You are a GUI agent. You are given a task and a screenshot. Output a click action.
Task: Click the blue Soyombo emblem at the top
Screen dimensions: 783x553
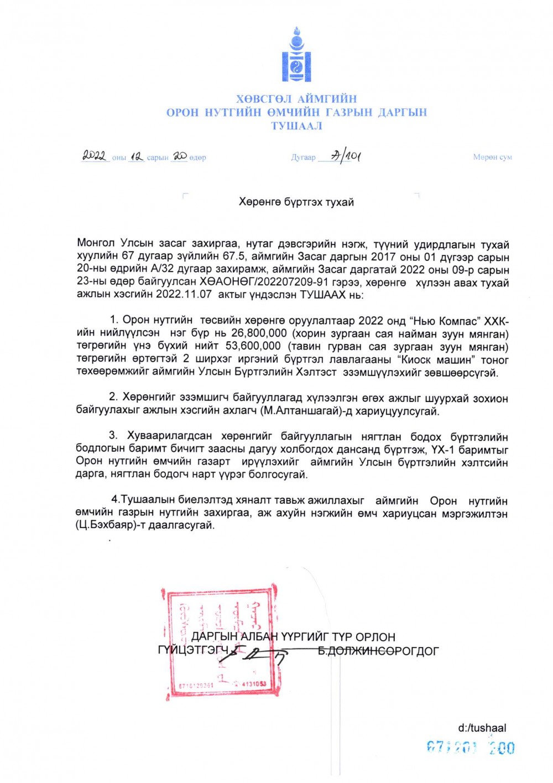point(296,55)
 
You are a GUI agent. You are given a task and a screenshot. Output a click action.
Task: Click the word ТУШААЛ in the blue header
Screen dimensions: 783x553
point(296,126)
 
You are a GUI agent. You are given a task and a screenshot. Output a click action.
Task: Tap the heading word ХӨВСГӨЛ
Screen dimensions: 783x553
point(263,100)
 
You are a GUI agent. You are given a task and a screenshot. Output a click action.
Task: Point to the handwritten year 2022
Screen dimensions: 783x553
point(95,156)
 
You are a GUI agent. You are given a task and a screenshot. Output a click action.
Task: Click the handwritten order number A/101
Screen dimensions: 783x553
point(346,156)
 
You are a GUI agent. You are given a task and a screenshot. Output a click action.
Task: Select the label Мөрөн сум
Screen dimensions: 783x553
point(492,157)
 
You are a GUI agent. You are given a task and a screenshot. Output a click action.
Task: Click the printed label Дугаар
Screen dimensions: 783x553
point(303,158)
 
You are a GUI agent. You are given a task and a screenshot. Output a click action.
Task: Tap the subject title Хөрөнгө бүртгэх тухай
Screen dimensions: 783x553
point(296,202)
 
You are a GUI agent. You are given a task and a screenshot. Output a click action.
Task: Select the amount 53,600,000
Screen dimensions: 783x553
point(253,346)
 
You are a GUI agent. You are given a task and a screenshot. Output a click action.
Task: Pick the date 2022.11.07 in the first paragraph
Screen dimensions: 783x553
point(184,295)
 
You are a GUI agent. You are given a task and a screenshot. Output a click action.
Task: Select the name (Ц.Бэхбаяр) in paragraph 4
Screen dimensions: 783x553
point(106,525)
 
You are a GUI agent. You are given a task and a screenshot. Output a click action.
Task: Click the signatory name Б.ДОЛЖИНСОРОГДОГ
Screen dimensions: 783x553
point(378,651)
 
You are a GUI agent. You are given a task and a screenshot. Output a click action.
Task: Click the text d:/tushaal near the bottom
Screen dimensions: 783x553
point(482,728)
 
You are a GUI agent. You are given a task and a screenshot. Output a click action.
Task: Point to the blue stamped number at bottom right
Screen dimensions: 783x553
point(471,748)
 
